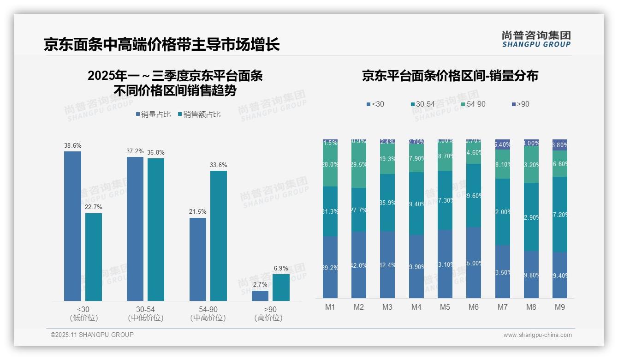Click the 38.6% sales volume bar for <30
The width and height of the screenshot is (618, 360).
72,226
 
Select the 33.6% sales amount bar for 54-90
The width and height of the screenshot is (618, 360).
219,236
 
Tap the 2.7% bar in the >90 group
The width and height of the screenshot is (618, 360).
260,296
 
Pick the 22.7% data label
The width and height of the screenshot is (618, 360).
94,207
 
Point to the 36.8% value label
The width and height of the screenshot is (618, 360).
155,153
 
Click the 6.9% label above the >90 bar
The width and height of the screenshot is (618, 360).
281,268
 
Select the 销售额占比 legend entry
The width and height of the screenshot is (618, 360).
199,114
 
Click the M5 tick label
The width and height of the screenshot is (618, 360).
445,307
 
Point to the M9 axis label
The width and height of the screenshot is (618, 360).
559,307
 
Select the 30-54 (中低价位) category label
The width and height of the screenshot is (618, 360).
145,313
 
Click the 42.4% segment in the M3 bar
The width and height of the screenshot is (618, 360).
387,264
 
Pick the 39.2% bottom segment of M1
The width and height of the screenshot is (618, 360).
330,267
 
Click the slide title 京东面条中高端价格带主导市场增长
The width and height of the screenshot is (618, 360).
162,45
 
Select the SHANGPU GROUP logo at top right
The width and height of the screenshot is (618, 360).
536,39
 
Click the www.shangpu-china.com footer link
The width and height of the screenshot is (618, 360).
537,335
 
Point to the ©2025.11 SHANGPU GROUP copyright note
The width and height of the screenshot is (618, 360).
92,335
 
